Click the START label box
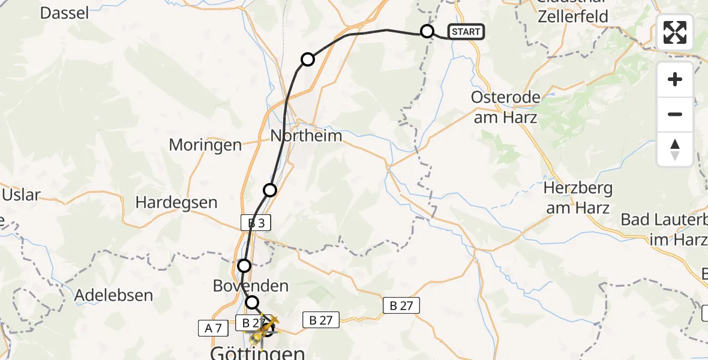[x=466, y=32]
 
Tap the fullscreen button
[x=675, y=32]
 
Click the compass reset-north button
[x=675, y=149]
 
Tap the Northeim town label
[x=306, y=136]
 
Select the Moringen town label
[x=205, y=145]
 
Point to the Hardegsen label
[x=176, y=202]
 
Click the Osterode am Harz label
[x=506, y=107]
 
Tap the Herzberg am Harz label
[x=577, y=198]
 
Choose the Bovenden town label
[x=251, y=286]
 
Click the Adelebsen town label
[x=114, y=295]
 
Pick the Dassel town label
[x=64, y=13]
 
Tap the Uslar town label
[x=21, y=195]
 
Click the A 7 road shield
[x=213, y=328]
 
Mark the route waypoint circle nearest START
[x=427, y=31]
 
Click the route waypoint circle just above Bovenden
[x=244, y=265]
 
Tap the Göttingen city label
[x=257, y=353]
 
